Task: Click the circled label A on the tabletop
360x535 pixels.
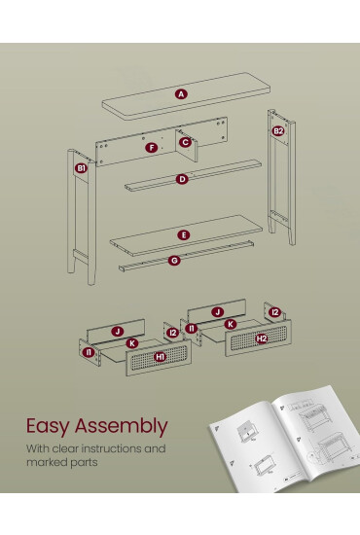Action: pos(181,93)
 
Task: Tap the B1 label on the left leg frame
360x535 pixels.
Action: pos(81,168)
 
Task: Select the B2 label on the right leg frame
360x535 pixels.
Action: pos(278,131)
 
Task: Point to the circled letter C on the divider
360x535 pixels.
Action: pos(185,142)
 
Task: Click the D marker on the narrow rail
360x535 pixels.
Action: pos(182,179)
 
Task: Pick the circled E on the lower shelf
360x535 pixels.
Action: pos(184,235)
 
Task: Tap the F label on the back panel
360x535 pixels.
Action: pos(151,148)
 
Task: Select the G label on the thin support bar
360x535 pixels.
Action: pos(174,261)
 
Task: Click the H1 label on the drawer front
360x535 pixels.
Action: pos(160,357)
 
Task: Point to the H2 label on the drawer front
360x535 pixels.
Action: pos(262,339)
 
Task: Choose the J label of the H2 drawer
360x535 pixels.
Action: pos(217,312)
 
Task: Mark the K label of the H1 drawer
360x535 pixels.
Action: pos(132,343)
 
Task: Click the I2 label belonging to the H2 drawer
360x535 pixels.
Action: pos(274,312)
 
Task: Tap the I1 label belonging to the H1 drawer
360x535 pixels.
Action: pos(89,352)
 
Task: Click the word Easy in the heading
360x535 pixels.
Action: pos(48,426)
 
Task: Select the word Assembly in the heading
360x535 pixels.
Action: pos(122,426)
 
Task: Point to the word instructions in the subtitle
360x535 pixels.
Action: pos(111,448)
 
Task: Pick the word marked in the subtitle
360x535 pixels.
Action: pos(46,462)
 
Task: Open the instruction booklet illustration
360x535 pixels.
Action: pos(285,440)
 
